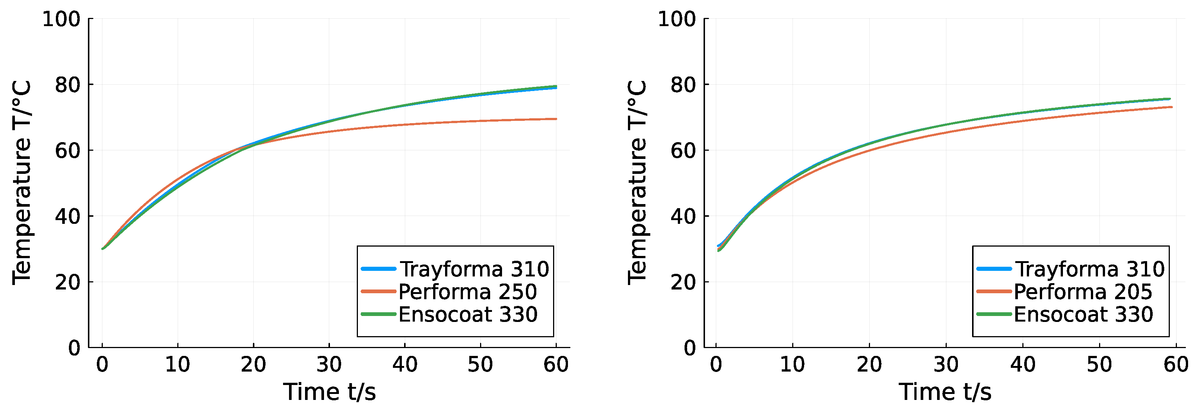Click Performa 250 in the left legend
(467, 292)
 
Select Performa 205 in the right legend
(1083, 292)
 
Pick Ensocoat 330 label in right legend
(1083, 314)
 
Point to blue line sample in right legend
(994, 269)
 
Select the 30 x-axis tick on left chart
(329, 364)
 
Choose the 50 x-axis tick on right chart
(1099, 364)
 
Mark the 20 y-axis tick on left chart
(67, 282)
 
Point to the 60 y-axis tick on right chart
(683, 150)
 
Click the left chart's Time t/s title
(329, 392)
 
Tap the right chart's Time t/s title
(945, 392)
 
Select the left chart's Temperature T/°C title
(22, 182)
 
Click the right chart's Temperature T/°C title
(637, 182)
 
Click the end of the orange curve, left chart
(556, 119)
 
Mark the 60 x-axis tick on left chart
(556, 364)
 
